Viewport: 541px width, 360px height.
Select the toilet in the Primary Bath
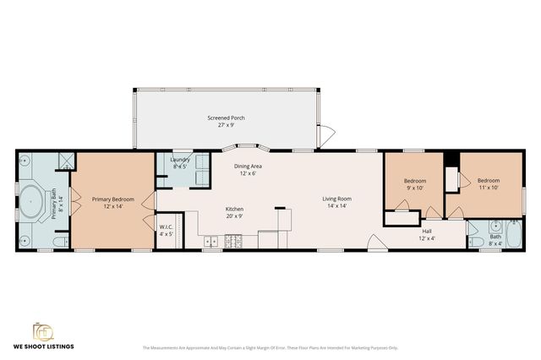(58, 243)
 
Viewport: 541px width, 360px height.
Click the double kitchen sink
(210, 243)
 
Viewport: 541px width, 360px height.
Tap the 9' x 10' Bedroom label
(414, 184)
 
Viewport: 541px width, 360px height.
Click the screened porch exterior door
(327, 134)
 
